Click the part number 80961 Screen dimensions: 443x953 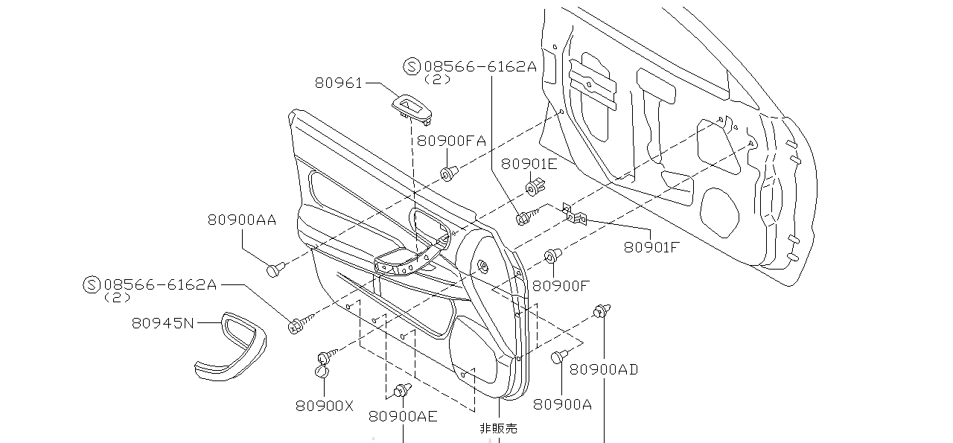(338, 83)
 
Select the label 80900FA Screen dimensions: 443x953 (451, 140)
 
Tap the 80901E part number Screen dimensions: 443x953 (529, 164)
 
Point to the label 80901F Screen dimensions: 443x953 (651, 246)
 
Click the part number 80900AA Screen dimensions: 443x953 (242, 220)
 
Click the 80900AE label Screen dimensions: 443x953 (403, 416)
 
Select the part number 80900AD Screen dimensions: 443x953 (604, 369)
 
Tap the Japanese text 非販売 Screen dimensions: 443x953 (498, 428)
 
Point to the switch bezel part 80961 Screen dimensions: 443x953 (412, 106)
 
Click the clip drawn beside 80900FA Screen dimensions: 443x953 (448, 174)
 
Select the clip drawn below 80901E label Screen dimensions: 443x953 (535, 187)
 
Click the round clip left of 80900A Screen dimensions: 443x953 (559, 357)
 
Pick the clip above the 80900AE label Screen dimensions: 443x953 (403, 389)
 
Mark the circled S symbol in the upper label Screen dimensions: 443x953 (411, 66)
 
